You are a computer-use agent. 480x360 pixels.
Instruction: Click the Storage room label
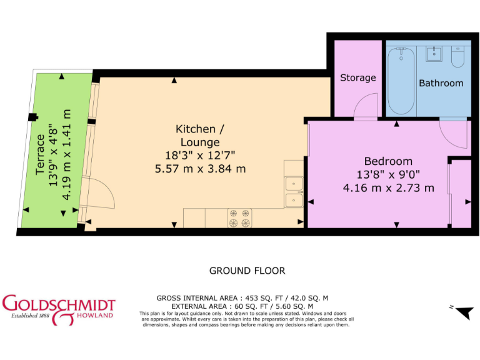point(358,78)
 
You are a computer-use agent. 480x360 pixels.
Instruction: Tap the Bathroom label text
point(441,83)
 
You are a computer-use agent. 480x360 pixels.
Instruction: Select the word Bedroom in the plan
point(388,161)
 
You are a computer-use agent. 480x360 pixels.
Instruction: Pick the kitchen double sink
point(294,192)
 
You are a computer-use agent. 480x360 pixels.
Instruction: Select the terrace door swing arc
point(104,200)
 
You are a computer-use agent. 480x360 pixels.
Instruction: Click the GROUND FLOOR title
point(247,271)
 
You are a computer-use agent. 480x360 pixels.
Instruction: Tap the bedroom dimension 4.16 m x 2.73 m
point(388,187)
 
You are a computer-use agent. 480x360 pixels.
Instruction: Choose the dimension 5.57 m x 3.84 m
point(199,168)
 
